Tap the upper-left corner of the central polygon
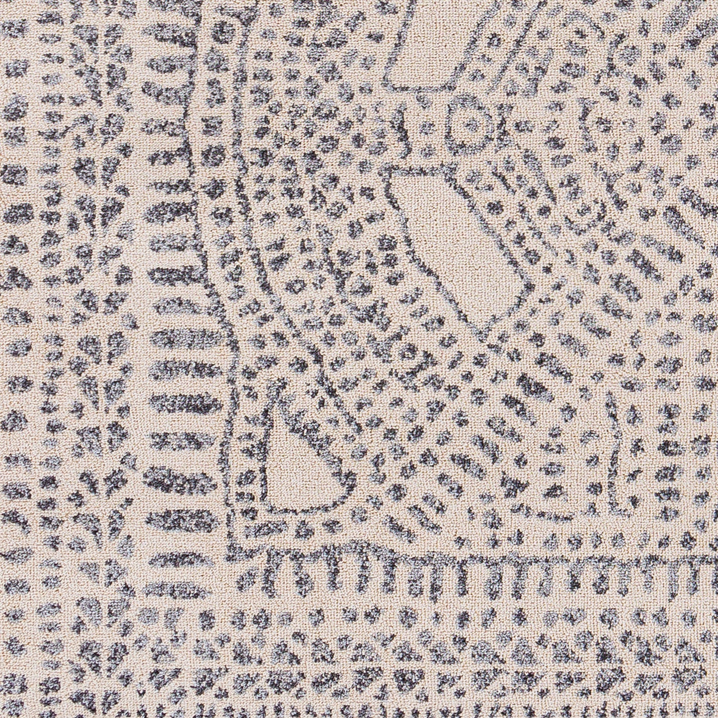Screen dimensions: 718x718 393,171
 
